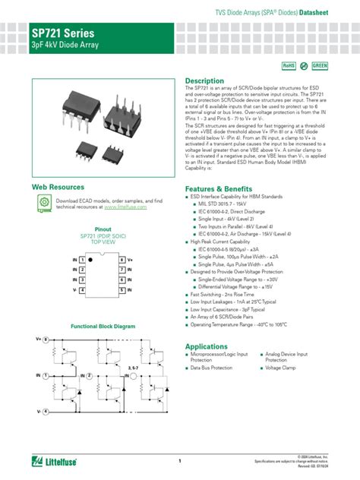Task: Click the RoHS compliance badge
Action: click(x=289, y=66)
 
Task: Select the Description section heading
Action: click(x=204, y=81)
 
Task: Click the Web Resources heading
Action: click(x=57, y=186)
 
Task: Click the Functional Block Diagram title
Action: click(x=103, y=326)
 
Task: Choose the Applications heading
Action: click(x=207, y=346)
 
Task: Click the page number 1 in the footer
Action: click(x=180, y=461)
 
